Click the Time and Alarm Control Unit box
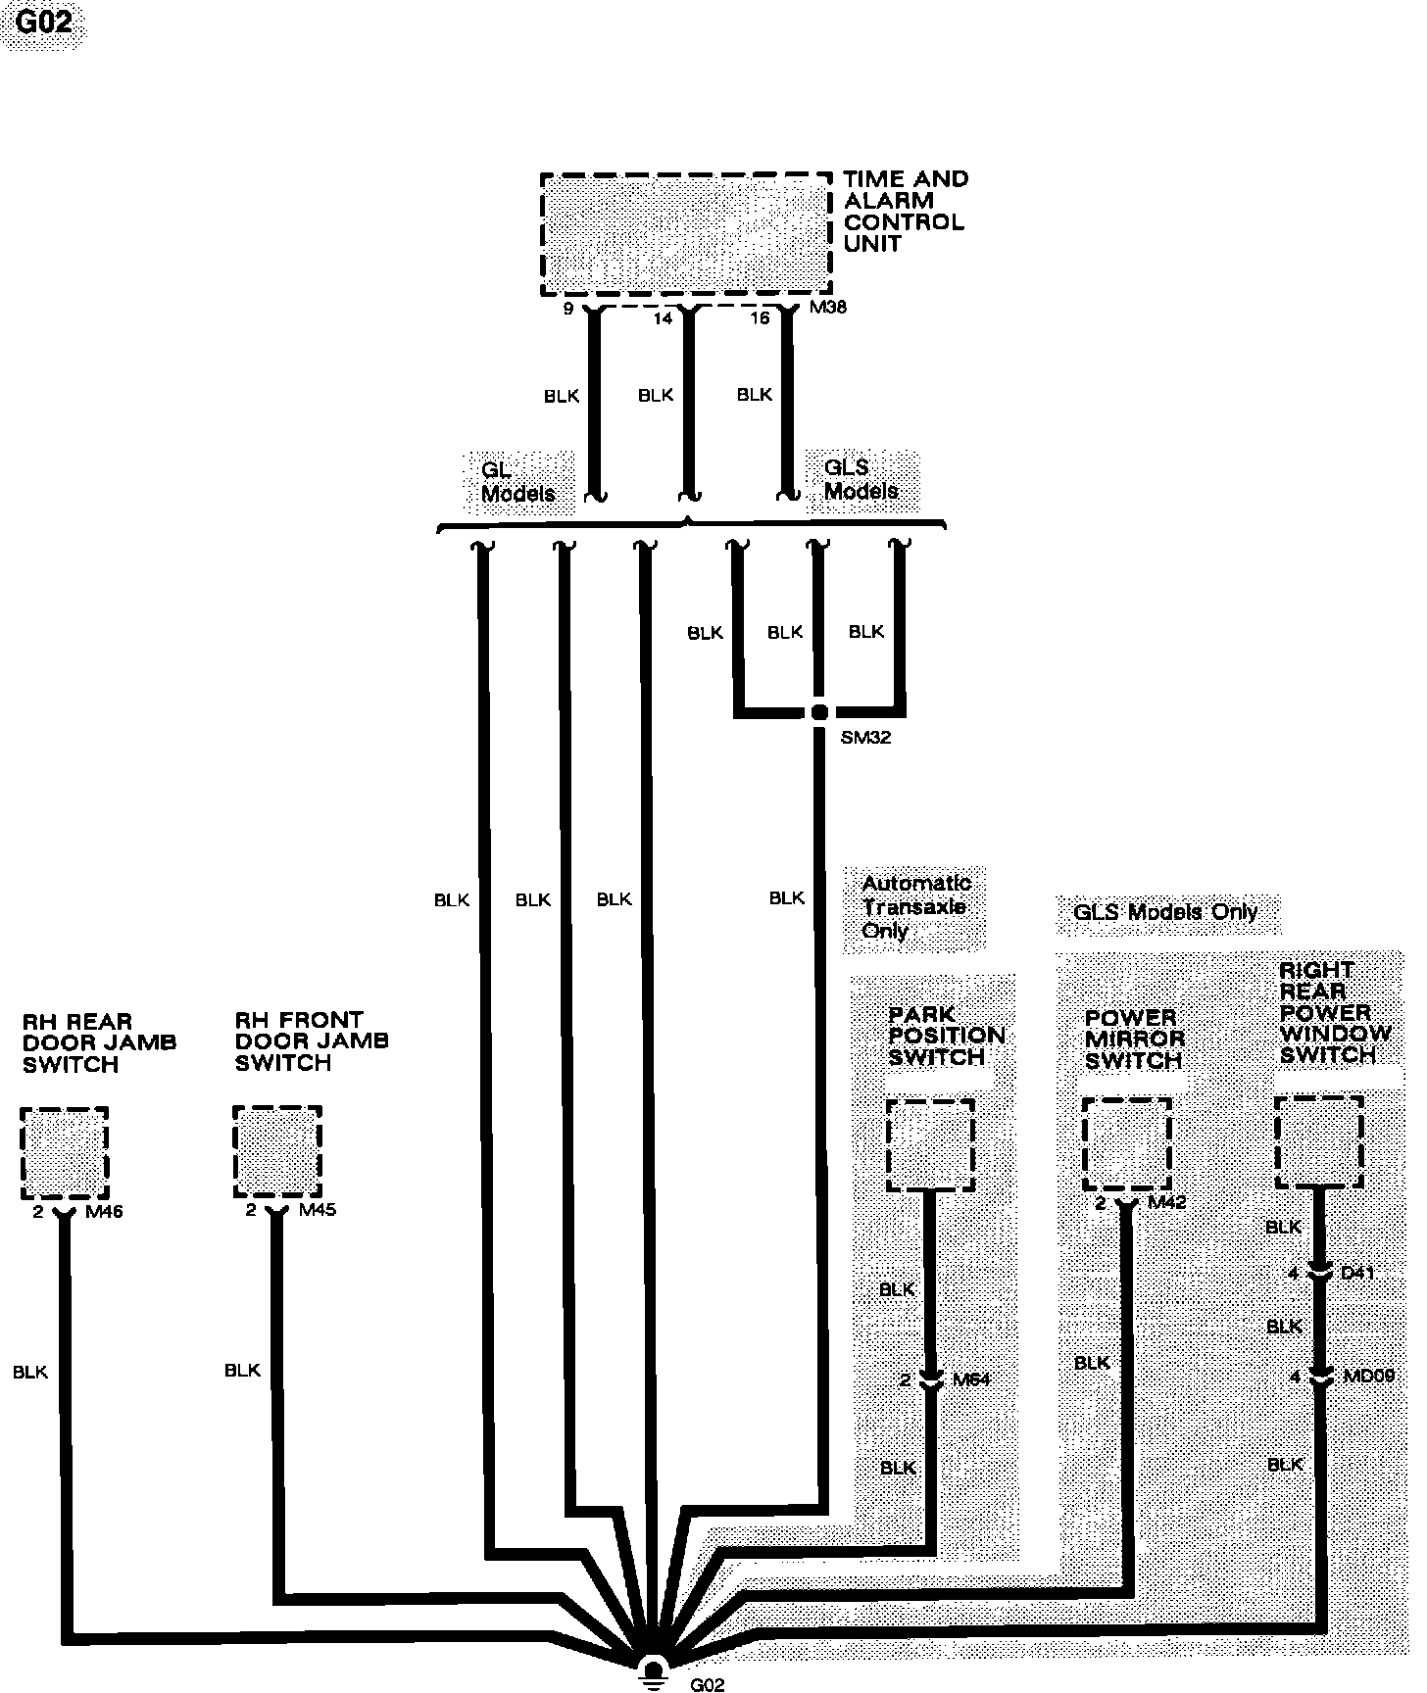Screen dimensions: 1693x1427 pyautogui.click(x=686, y=234)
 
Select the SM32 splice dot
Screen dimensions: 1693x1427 pyautogui.click(x=819, y=712)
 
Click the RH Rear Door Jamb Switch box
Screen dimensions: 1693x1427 pyautogui.click(x=64, y=1152)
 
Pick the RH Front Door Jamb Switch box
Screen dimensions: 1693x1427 pyautogui.click(x=277, y=1151)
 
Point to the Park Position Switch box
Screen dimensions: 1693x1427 pyautogui.click(x=929, y=1144)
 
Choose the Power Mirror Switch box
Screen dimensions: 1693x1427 pyautogui.click(x=1126, y=1144)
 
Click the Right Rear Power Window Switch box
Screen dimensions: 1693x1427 pyautogui.click(x=1318, y=1141)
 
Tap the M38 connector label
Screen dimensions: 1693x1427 pyautogui.click(x=828, y=308)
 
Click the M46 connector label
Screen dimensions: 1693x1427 pyautogui.click(x=104, y=1212)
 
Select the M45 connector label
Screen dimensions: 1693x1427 pyautogui.click(x=318, y=1210)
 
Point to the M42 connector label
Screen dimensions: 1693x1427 pyautogui.click(x=1166, y=1202)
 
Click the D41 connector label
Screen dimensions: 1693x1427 pyautogui.click(x=1357, y=1274)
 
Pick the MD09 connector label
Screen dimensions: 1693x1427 pyautogui.click(x=1368, y=1377)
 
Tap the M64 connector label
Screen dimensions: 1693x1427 pyautogui.click(x=971, y=1379)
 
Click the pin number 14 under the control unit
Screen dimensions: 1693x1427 pyautogui.click(x=663, y=318)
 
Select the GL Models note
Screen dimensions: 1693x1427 pyautogui.click(x=517, y=480)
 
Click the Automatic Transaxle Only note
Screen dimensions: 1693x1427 pyautogui.click(x=914, y=906)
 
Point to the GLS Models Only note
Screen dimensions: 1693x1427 pyautogui.click(x=1165, y=912)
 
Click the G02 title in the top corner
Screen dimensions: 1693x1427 pyautogui.click(x=44, y=22)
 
